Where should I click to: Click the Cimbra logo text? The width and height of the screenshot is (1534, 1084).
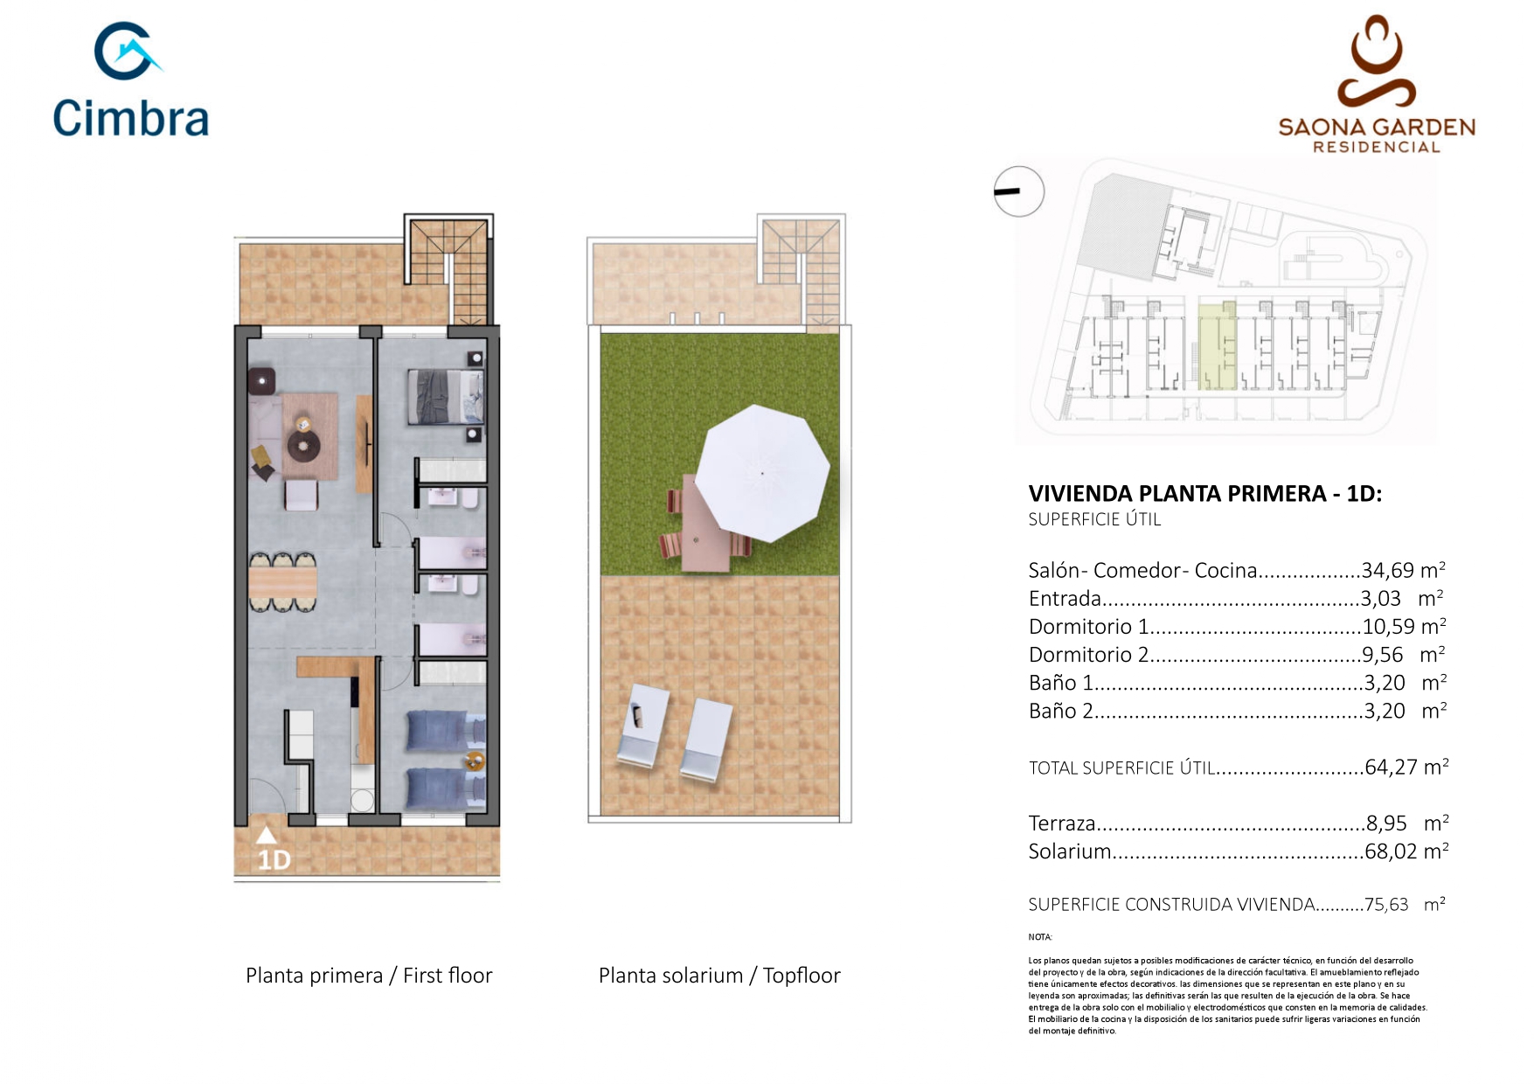pyautogui.click(x=131, y=118)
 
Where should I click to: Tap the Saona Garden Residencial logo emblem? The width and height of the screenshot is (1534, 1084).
pyautogui.click(x=1376, y=61)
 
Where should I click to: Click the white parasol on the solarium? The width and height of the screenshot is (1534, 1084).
pyautogui.click(x=762, y=473)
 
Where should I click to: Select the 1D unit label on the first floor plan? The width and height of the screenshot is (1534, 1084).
pyautogui.click(x=274, y=860)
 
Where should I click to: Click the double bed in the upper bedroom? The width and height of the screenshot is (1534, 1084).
pyautogui.click(x=445, y=397)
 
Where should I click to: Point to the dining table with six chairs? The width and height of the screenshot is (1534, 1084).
pyautogui.click(x=282, y=581)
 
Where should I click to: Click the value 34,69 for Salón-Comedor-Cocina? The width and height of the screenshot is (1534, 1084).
pyautogui.click(x=1387, y=571)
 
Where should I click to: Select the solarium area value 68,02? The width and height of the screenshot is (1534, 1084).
pyautogui.click(x=1391, y=851)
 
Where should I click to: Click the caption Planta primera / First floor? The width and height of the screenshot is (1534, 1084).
pyautogui.click(x=369, y=976)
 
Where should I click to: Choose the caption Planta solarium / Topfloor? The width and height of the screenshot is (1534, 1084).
pyautogui.click(x=719, y=976)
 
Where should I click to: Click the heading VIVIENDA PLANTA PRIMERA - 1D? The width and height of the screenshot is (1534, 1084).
pyautogui.click(x=1204, y=494)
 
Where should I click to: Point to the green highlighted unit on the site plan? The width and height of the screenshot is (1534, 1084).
pyautogui.click(x=1217, y=346)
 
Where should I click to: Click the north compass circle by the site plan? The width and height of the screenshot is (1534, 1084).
pyautogui.click(x=1019, y=191)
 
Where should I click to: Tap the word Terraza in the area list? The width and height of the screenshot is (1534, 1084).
pyautogui.click(x=1062, y=823)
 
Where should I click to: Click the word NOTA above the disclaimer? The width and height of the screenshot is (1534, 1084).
pyautogui.click(x=1040, y=937)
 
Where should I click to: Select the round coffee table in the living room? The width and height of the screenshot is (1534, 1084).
pyautogui.click(x=303, y=447)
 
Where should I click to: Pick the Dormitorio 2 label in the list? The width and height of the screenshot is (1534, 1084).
pyautogui.click(x=1088, y=655)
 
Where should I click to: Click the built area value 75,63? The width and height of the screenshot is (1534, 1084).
pyautogui.click(x=1386, y=905)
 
